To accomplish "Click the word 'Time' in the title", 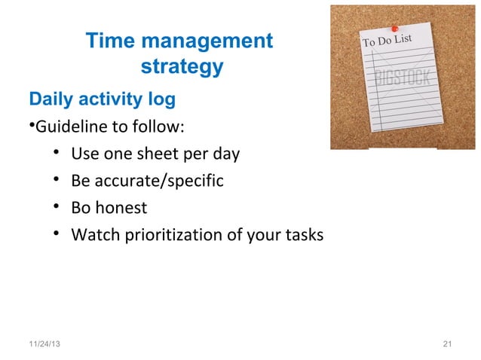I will click(110, 42).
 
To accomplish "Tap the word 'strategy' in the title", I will click(182, 68).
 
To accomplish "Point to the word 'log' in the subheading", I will click(162, 99).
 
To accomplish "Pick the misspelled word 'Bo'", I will click(81, 207).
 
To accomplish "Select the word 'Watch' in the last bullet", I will click(92, 235).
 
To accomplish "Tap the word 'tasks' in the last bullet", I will click(306, 235).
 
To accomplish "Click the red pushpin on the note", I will click(394, 29).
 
